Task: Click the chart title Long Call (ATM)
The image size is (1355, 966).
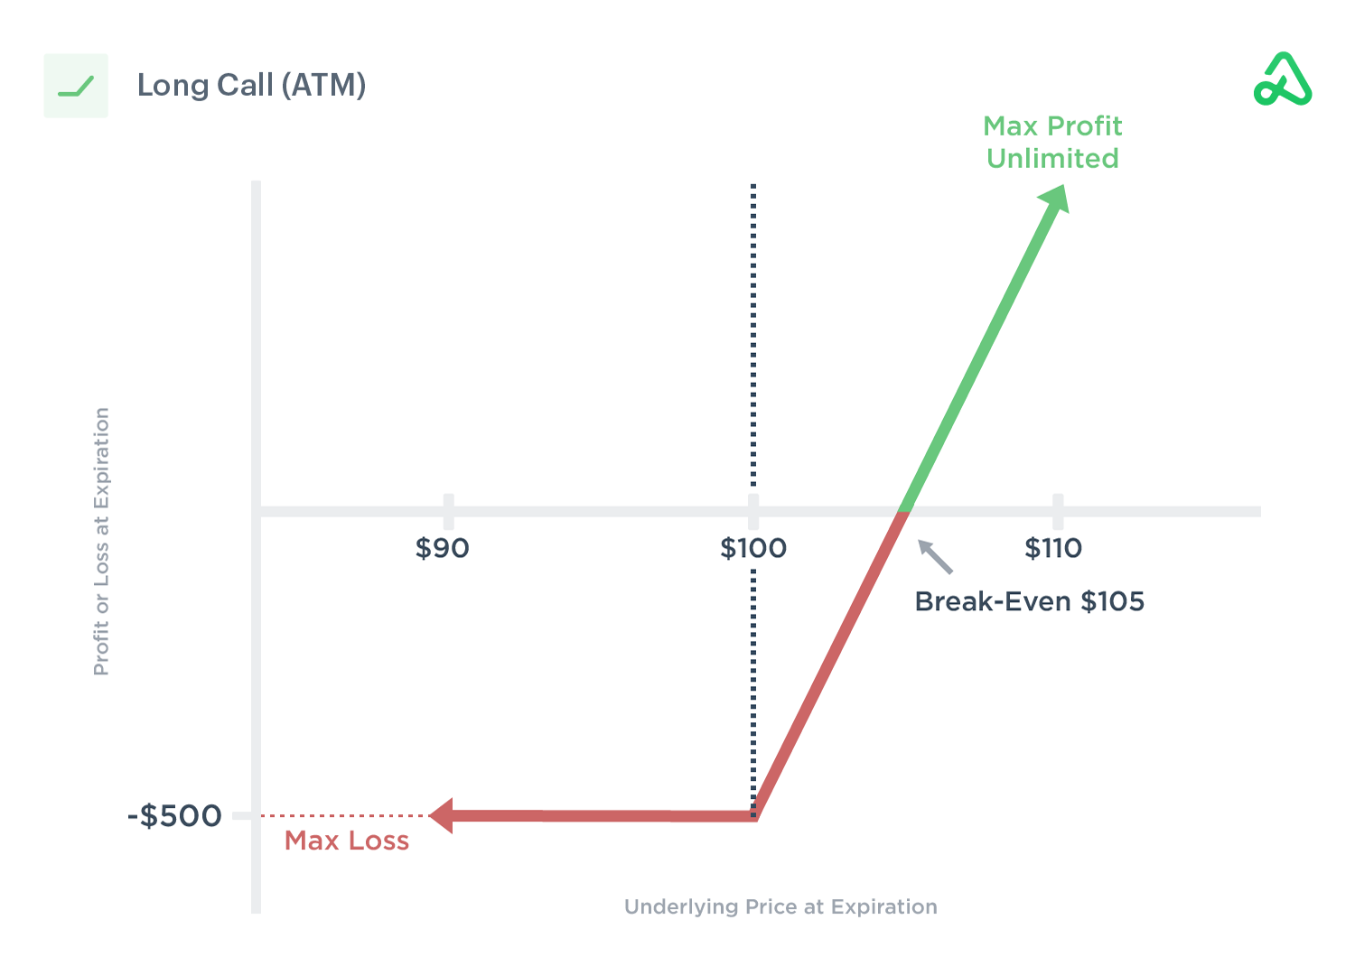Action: [251, 86]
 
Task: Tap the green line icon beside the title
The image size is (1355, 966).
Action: [76, 87]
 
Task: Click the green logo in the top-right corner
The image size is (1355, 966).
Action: [1283, 80]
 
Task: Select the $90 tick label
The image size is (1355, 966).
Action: [442, 548]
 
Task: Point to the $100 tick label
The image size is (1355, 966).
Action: [752, 548]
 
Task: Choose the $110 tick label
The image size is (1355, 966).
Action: [1052, 548]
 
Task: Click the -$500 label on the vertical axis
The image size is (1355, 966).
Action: [174, 816]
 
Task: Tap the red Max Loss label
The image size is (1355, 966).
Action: [347, 841]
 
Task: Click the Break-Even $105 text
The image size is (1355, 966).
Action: [1029, 601]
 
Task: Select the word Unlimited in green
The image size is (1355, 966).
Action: [1052, 159]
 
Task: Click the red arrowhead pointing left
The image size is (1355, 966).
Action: [442, 815]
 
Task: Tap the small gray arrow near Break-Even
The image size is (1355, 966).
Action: [934, 556]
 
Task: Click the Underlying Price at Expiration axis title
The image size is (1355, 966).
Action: [780, 906]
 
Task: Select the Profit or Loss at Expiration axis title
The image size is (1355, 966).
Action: [101, 541]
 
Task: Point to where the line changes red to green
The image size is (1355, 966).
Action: [902, 512]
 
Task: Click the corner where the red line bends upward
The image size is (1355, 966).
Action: [755, 815]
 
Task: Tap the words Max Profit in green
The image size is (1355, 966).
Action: [1052, 126]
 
